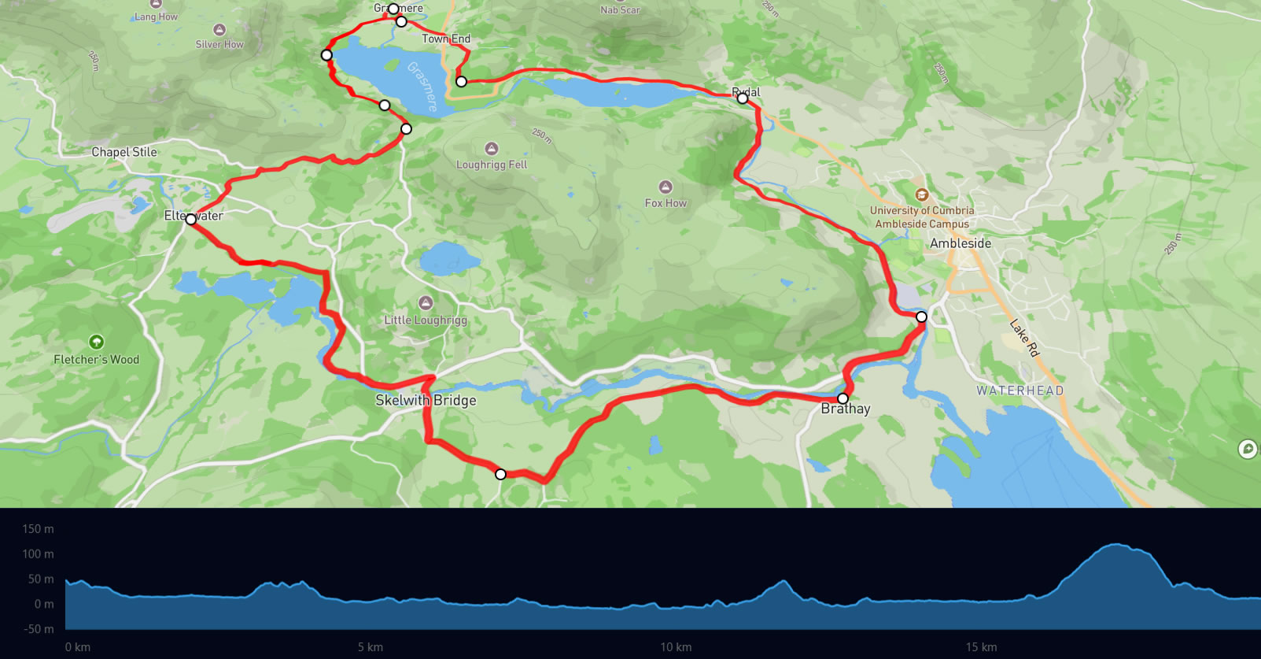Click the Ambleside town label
[960, 243]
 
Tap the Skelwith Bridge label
[426, 400]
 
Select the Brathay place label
[846, 409]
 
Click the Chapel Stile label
[124, 152]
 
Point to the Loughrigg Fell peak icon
[492, 149]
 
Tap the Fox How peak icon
[666, 187]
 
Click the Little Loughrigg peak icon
[426, 303]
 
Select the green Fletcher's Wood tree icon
[96, 342]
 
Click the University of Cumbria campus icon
[921, 194]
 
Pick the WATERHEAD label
[1019, 391]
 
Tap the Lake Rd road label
[1024, 338]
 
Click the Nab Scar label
[620, 10]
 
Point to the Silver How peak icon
[219, 30]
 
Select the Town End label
[446, 39]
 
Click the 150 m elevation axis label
[38, 529]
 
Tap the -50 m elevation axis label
[38, 629]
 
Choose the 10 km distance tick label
[676, 647]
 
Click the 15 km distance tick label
[981, 647]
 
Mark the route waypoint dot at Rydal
[742, 98]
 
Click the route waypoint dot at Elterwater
[190, 220]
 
